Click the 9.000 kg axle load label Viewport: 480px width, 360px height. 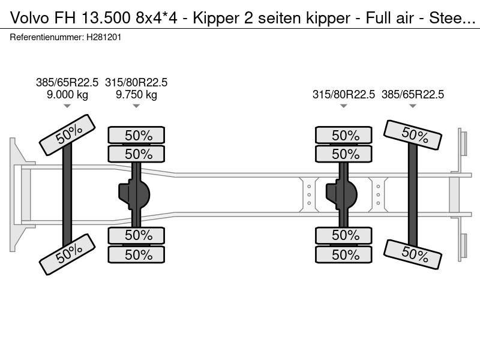(x=67, y=95)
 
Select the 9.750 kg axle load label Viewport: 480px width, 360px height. (x=136, y=95)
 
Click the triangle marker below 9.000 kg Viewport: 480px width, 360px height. (x=67, y=106)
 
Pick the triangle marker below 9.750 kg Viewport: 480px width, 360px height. (x=136, y=106)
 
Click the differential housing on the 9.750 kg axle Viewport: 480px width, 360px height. (x=134, y=194)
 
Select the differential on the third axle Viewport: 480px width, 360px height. (x=340, y=194)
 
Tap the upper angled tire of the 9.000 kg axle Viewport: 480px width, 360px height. (x=67, y=136)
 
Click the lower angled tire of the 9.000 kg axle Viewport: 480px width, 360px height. (x=67, y=254)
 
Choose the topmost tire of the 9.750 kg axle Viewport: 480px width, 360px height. (x=136, y=135)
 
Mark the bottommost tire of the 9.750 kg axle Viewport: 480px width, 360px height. (x=136, y=254)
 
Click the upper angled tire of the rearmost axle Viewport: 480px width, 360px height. (x=413, y=135)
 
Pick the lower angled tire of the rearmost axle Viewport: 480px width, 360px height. (x=413, y=254)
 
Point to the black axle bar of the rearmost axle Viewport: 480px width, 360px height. (x=413, y=194)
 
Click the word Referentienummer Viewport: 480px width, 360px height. (x=46, y=37)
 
